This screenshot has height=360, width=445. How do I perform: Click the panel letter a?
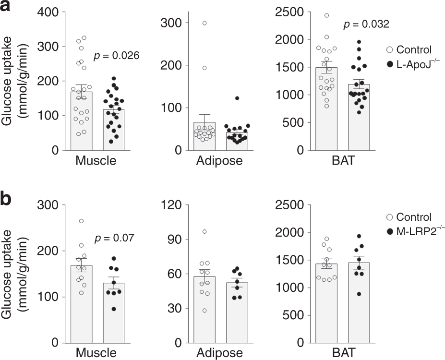[7, 8]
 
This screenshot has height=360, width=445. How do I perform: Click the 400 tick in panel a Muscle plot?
[48, 12]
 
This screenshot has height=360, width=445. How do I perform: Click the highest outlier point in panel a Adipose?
[204, 23]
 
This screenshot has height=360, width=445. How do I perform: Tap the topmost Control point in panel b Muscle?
[82, 221]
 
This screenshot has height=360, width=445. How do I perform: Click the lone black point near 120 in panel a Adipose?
[224, 98]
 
